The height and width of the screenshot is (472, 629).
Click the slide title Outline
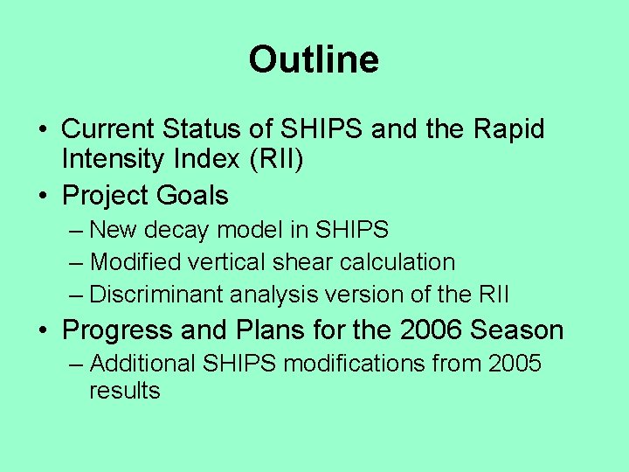pos(314,60)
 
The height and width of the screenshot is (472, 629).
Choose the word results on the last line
pos(124,391)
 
